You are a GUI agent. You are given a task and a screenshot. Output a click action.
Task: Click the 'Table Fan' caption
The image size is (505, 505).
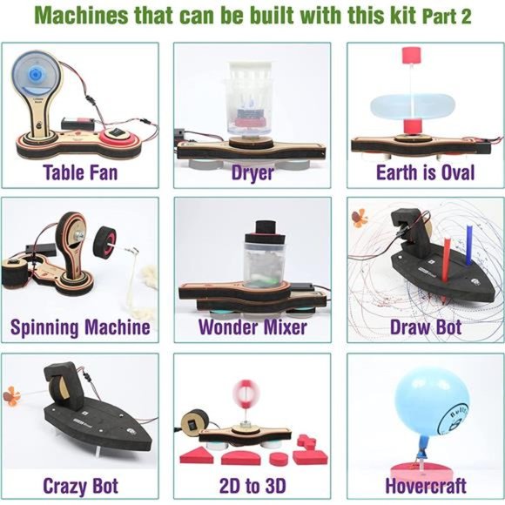pos(80,172)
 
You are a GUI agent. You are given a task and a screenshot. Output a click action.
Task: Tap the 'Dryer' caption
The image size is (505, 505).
pos(252,172)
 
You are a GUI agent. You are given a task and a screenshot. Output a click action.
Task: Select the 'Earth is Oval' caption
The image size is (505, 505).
pos(425,172)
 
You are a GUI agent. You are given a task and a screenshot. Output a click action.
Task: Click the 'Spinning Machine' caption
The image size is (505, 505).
pos(80,328)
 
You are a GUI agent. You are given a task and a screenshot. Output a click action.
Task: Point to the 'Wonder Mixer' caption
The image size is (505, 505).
pos(252,328)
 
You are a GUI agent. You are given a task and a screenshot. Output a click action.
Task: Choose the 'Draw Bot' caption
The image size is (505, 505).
pos(425,328)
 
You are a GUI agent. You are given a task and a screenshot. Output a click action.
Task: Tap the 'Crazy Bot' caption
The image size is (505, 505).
pos(80,485)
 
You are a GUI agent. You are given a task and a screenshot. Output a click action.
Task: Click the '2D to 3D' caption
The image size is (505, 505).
pos(252,485)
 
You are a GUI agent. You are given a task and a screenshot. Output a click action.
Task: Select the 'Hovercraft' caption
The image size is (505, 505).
pos(425,485)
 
